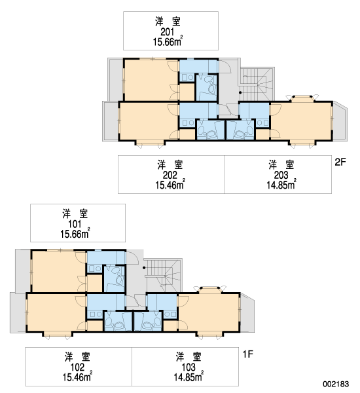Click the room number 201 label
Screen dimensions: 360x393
tap(168, 32)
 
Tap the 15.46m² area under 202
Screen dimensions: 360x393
tap(170, 185)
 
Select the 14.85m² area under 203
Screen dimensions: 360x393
tap(281, 185)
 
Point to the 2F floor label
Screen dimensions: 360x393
tap(340, 162)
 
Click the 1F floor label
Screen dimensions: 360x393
tap(248, 354)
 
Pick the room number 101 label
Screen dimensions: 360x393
tap(75, 224)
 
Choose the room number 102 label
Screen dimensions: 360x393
tap(77, 367)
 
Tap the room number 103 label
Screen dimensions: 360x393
tap(189, 367)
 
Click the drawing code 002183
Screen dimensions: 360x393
tap(336, 384)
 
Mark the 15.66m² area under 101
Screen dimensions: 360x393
tap(75, 234)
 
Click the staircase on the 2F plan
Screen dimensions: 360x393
tap(257, 84)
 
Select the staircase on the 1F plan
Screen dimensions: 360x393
tap(164, 275)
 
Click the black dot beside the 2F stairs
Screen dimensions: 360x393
tap(240, 93)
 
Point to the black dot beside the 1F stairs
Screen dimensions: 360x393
tap(144, 268)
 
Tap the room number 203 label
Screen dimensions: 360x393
tap(281, 175)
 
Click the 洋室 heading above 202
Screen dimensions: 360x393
tap(170, 165)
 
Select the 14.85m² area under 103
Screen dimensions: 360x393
tap(189, 377)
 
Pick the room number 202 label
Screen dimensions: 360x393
tap(170, 175)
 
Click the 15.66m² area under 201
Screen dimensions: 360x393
tap(168, 41)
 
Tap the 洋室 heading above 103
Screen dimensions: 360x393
tap(189, 357)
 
